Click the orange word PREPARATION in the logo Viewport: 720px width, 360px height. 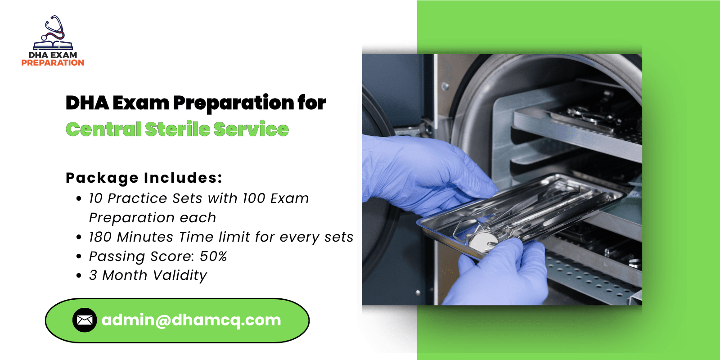point(53,63)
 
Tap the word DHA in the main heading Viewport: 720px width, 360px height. point(87,103)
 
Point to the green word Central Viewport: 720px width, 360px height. point(103,129)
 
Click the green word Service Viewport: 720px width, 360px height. point(251,129)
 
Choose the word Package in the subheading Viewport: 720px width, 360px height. point(102,178)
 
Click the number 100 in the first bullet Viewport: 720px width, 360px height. point(254,198)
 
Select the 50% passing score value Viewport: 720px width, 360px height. point(213,256)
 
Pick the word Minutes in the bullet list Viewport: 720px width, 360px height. point(145,237)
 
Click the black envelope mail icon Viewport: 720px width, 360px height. point(85,320)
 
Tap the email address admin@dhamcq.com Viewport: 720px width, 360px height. point(191,320)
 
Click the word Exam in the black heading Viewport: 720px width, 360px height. point(141,103)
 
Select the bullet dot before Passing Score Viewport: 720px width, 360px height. point(79,256)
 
